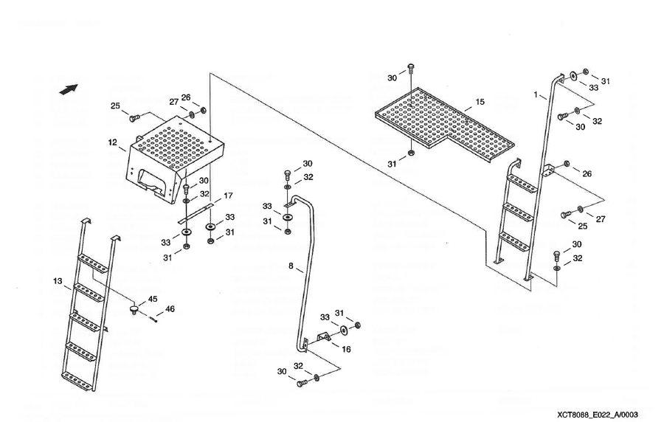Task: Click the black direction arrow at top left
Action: coord(69,89)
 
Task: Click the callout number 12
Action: coord(112,142)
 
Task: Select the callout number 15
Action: coord(480,102)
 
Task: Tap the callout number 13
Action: coord(58,281)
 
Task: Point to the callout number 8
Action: coord(291,266)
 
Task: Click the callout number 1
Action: coord(536,94)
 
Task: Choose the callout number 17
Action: coord(228,196)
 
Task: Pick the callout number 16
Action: coord(347,349)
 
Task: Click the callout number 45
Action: coord(153,300)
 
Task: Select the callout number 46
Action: coord(170,309)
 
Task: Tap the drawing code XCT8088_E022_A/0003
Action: coord(598,415)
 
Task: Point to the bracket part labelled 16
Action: coord(324,337)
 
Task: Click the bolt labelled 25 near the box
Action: coord(134,118)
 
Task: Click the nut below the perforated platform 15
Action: coord(410,153)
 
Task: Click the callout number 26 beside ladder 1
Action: coord(587,173)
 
